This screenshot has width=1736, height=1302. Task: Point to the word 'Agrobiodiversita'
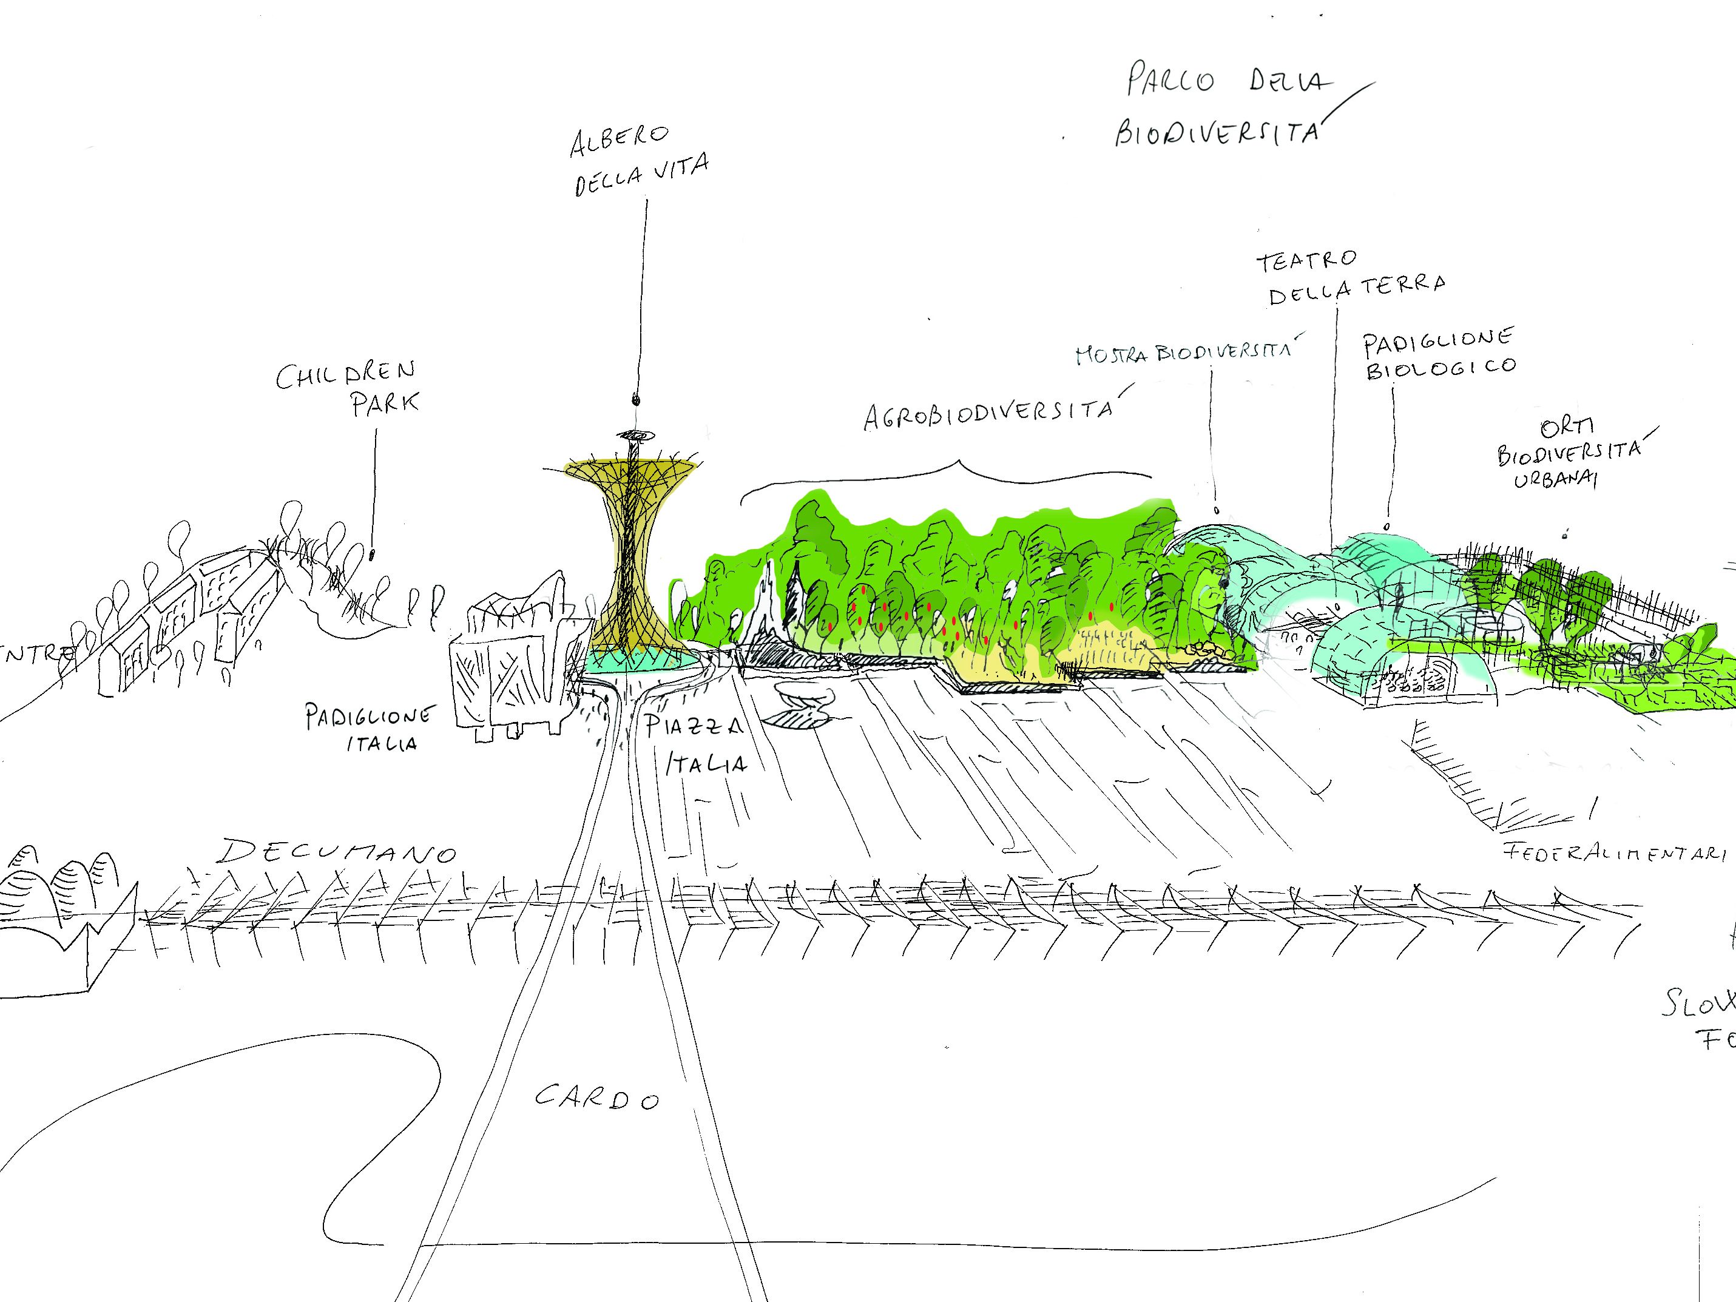(x=987, y=414)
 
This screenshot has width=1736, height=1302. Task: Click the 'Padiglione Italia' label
(x=369, y=727)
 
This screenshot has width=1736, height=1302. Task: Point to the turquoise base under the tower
(x=636, y=661)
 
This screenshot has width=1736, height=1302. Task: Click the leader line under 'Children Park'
(x=374, y=487)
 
